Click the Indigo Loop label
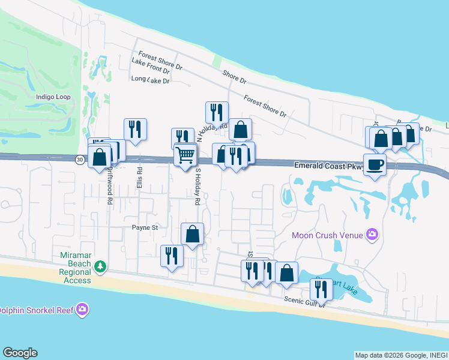[x=53, y=97]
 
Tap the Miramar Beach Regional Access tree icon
[x=101, y=265]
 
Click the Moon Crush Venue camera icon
[x=372, y=235]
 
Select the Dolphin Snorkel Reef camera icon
[x=82, y=310]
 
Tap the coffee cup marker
[x=375, y=164]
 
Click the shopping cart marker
[x=185, y=155]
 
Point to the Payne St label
[x=145, y=227]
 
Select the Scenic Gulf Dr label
[x=304, y=301]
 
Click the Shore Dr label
[x=234, y=76]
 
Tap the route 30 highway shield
[x=80, y=160]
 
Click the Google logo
[x=20, y=353]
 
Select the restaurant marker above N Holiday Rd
[x=217, y=112]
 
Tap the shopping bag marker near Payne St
[x=193, y=233]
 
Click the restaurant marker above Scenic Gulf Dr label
[x=321, y=290]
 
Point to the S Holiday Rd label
[x=196, y=187]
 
